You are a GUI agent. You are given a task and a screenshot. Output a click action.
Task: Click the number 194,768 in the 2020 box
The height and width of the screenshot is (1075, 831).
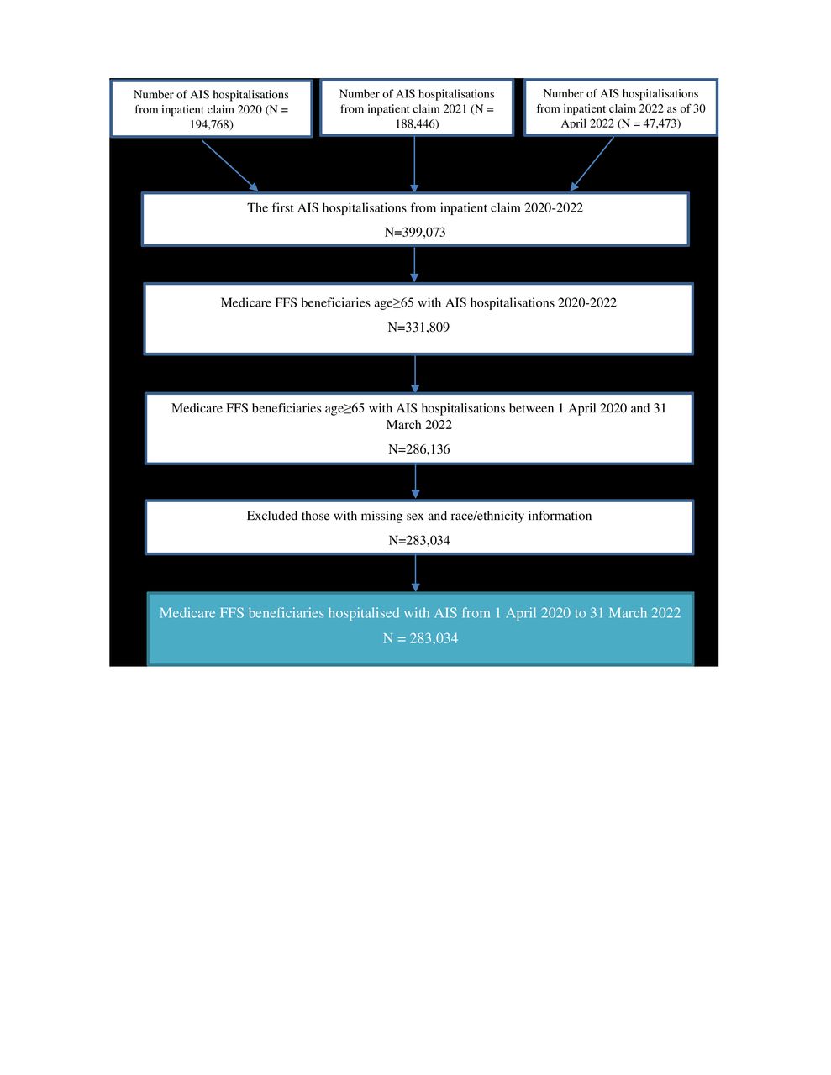[x=209, y=124]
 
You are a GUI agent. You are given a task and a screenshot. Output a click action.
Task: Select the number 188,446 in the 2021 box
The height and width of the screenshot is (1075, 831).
[x=413, y=123]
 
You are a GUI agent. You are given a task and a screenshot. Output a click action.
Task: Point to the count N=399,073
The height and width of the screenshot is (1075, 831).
[x=415, y=232]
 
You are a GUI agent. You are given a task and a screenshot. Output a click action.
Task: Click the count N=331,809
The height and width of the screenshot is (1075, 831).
[x=418, y=327]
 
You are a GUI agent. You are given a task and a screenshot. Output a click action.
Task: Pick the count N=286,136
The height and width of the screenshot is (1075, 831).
[x=418, y=449]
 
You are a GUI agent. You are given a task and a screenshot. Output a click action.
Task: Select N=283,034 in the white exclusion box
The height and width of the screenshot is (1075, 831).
[x=418, y=540]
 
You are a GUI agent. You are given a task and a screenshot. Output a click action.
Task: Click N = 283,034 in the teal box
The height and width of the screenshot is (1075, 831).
[x=420, y=638]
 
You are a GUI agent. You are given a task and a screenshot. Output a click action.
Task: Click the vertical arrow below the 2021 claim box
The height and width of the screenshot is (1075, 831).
[x=414, y=165]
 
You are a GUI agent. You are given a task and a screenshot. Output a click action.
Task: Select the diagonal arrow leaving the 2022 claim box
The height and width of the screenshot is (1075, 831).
[x=592, y=164]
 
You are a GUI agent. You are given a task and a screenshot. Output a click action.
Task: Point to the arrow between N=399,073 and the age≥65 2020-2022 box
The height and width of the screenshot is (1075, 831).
[x=414, y=265]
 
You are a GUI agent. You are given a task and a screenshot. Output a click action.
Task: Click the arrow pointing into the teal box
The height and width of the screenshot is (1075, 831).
[x=415, y=574]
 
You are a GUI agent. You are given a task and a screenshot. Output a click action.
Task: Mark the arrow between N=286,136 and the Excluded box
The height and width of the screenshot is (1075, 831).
[x=415, y=482]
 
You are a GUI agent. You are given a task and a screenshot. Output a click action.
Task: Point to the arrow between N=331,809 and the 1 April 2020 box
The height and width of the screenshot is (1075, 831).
[x=415, y=374]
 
